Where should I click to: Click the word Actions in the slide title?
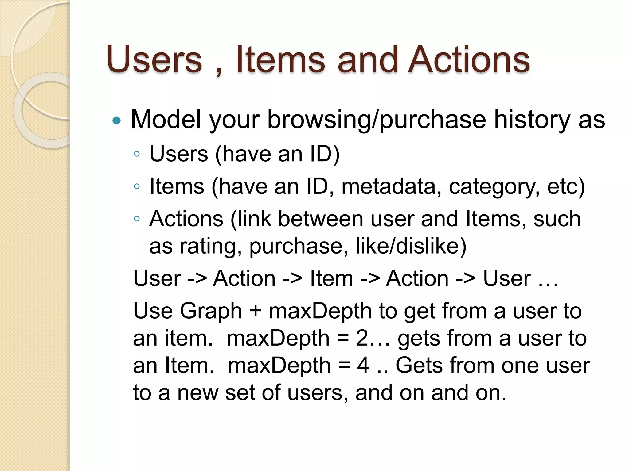coord(470,60)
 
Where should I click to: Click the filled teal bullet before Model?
coord(117,120)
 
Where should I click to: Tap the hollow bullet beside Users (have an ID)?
coord(137,154)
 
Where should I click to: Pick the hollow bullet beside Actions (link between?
coord(137,219)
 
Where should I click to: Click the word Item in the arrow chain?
coord(331,279)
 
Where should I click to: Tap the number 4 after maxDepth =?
coord(363,366)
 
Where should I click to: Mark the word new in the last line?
coord(198,393)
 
